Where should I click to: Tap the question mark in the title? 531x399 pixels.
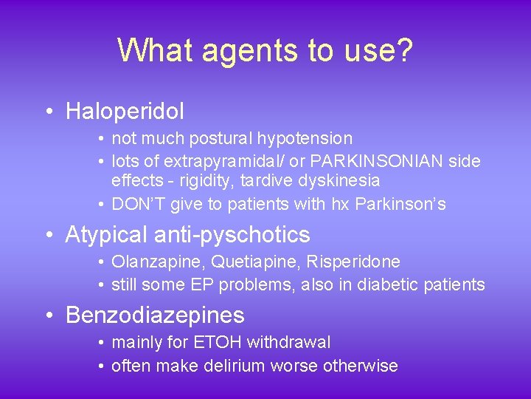(403, 51)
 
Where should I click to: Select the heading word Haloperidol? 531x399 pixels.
(125, 112)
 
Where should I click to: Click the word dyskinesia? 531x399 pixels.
(346, 180)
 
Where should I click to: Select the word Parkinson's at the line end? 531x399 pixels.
(400, 204)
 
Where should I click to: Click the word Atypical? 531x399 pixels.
(106, 235)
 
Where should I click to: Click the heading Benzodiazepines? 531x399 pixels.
(155, 316)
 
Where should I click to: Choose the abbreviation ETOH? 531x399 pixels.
(220, 342)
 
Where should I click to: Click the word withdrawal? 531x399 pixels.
(288, 342)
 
